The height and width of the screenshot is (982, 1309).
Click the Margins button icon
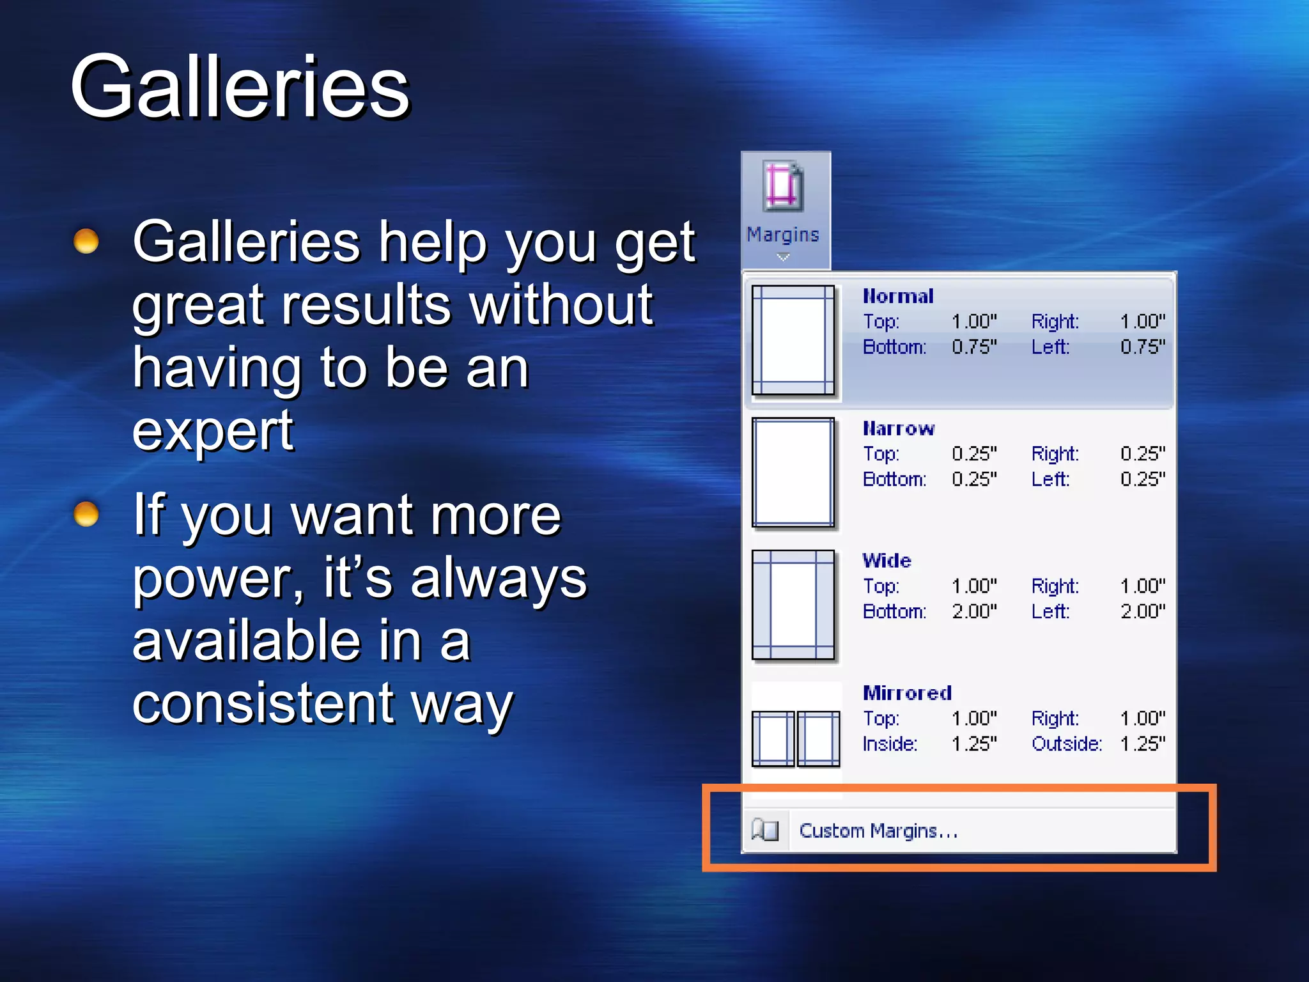[x=784, y=186]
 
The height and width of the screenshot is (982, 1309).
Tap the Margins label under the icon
[x=783, y=235]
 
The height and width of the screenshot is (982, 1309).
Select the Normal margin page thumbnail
[x=793, y=340]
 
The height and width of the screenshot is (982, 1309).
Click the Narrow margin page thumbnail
[x=793, y=472]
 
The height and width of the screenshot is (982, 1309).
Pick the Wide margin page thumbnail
[x=793, y=605]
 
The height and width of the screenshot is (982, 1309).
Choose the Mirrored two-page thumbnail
[x=796, y=738]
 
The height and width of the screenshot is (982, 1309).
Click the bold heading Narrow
[x=899, y=428]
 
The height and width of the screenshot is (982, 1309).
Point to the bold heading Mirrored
[x=907, y=693]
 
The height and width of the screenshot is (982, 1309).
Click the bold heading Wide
[x=887, y=561]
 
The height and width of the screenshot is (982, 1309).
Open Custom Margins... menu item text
[x=878, y=830]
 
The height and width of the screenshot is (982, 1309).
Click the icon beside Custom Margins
[x=765, y=830]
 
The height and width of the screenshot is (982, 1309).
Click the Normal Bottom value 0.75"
[x=974, y=347]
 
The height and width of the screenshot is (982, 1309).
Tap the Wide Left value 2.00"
[x=1142, y=611]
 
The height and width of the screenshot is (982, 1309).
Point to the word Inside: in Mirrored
[x=890, y=744]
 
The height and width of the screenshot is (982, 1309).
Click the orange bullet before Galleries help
[x=86, y=242]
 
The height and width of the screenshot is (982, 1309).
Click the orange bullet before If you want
[x=86, y=513]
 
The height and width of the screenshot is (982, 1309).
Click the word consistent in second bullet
[x=262, y=703]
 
